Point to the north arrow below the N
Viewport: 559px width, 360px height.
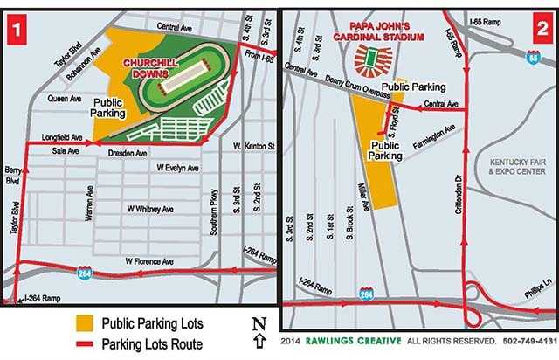259,339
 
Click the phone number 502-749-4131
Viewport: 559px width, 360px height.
524,339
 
